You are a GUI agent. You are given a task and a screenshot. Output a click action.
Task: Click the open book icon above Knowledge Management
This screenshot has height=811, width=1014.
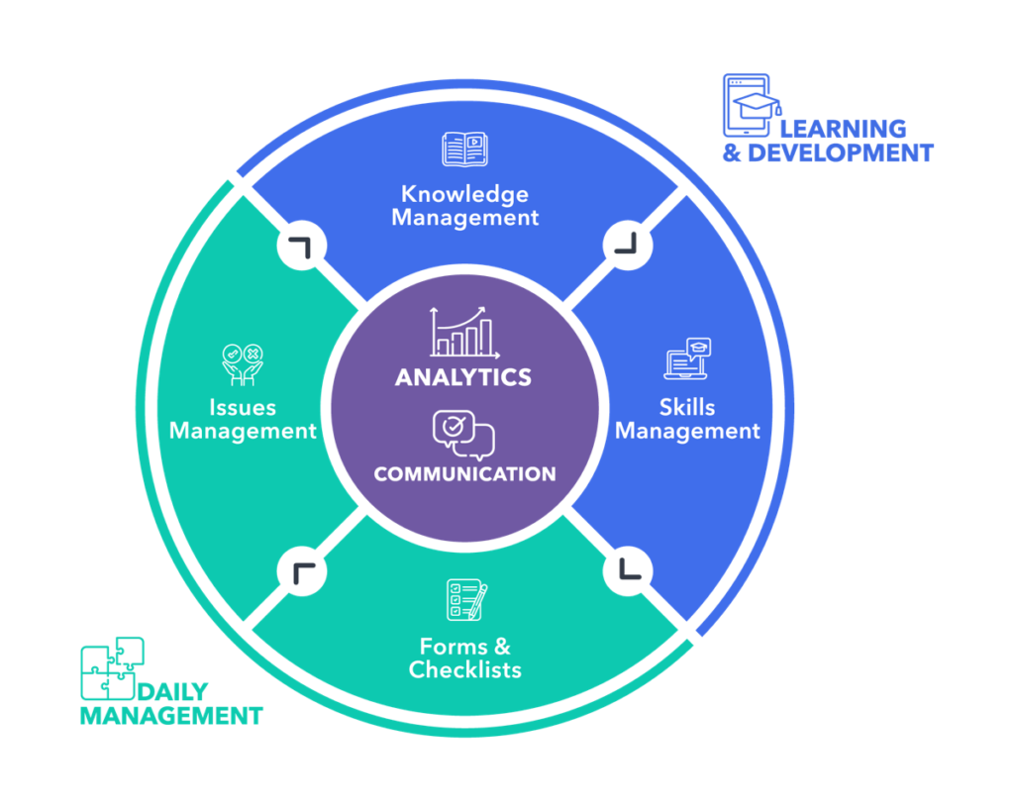click(464, 150)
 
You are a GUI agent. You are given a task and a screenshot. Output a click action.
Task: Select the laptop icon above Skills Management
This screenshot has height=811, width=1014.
click(687, 359)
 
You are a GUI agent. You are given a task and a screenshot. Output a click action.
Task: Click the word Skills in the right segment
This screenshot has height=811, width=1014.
click(687, 407)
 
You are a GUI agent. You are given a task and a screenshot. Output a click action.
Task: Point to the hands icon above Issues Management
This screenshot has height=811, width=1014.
click(243, 363)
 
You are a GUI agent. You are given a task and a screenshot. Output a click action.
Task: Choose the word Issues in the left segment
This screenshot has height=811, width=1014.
click(243, 407)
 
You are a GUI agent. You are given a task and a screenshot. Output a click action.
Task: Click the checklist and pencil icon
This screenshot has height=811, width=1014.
click(465, 600)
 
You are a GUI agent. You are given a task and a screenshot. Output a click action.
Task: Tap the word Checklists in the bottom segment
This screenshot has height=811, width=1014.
click(465, 670)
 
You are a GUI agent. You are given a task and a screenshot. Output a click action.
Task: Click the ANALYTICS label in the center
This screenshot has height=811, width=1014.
click(463, 377)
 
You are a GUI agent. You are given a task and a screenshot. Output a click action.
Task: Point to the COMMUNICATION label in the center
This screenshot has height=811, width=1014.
click(464, 474)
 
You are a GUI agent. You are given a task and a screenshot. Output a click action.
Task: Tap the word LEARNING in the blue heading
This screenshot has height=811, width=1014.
click(843, 129)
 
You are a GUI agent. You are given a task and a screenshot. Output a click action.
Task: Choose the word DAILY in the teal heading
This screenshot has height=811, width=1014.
click(173, 692)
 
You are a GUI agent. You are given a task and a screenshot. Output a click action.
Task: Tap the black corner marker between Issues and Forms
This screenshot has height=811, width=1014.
click(302, 569)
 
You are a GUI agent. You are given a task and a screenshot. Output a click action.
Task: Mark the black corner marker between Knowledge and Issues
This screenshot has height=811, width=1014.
click(302, 244)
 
